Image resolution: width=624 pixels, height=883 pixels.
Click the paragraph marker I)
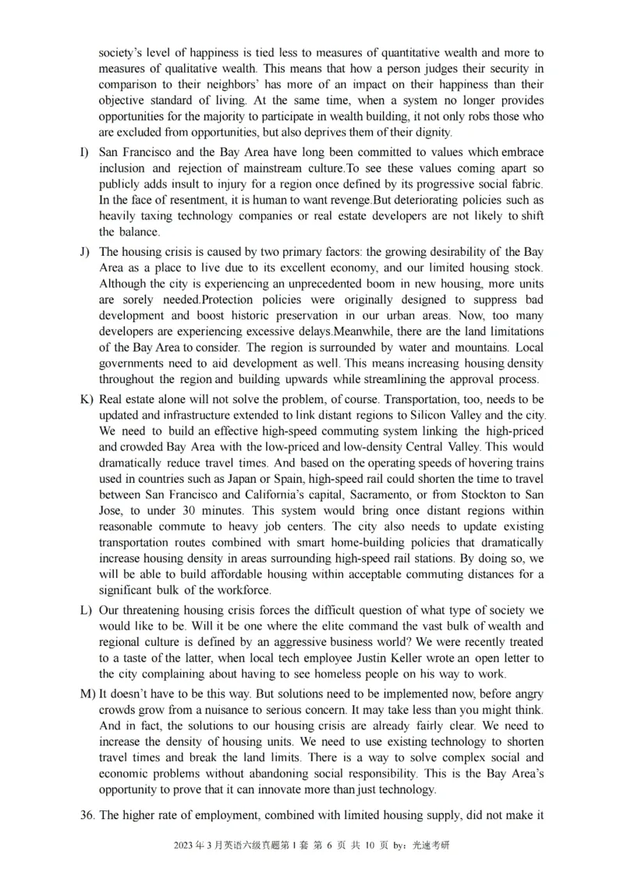[x=84, y=152]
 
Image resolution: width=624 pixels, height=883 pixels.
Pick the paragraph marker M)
[x=87, y=693]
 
